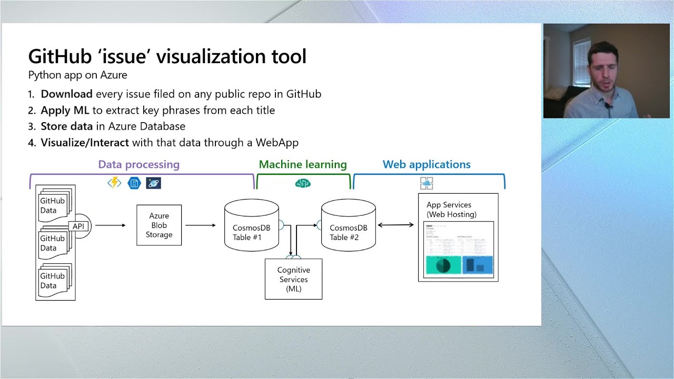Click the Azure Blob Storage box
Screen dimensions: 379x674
(x=158, y=225)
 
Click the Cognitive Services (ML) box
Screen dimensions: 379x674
(x=293, y=280)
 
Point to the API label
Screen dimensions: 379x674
(x=78, y=226)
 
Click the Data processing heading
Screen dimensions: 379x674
(x=138, y=165)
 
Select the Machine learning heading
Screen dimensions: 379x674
(x=303, y=165)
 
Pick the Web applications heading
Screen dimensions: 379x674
(x=427, y=165)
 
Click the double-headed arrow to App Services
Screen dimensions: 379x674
(x=395, y=225)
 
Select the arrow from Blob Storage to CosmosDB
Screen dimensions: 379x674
(x=201, y=225)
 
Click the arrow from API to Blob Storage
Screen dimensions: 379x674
(x=110, y=225)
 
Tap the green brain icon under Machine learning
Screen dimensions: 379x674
(x=303, y=183)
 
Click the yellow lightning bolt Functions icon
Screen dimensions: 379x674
(x=114, y=183)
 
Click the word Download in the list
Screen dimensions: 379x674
(x=66, y=94)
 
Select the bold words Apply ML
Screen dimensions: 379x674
(x=65, y=111)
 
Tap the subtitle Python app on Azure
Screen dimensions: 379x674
(x=77, y=75)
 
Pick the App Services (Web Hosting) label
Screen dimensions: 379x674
(x=451, y=210)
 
